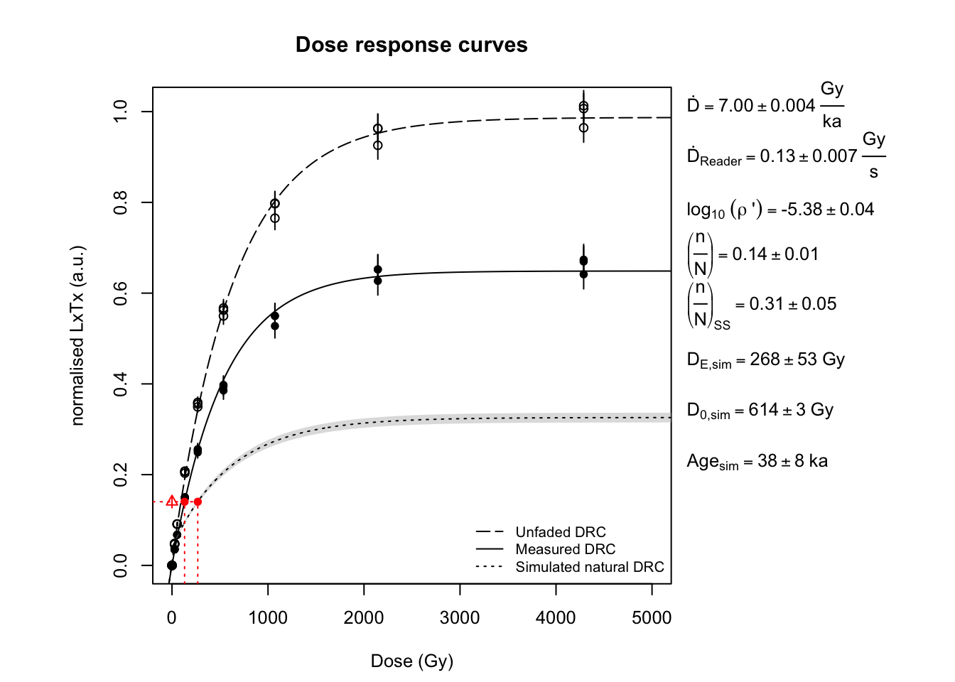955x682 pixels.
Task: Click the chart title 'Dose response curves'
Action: click(x=411, y=45)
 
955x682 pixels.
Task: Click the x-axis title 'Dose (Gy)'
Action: click(x=411, y=661)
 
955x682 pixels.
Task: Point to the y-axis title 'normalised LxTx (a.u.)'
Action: click(x=77, y=335)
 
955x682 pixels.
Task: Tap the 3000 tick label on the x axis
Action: click(x=460, y=618)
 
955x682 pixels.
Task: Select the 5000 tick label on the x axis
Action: click(x=652, y=618)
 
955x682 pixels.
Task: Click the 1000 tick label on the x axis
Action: click(x=268, y=618)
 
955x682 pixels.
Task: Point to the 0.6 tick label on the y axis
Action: click(x=120, y=293)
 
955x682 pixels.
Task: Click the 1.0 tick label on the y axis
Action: click(x=120, y=112)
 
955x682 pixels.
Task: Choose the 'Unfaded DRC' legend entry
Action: click(x=560, y=532)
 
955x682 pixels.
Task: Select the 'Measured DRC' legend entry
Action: click(x=565, y=549)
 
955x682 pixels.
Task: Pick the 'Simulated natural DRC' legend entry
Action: click(x=589, y=567)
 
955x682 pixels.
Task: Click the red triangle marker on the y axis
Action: click(x=172, y=502)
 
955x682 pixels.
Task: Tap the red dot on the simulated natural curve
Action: click(x=198, y=502)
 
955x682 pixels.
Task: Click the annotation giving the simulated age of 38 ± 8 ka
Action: click(x=757, y=462)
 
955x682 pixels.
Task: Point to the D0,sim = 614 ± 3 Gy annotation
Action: click(x=760, y=411)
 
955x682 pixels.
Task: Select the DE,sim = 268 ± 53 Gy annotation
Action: click(x=765, y=360)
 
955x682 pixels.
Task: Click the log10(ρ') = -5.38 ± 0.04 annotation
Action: click(x=779, y=210)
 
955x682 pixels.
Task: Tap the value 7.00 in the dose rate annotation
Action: click(x=735, y=106)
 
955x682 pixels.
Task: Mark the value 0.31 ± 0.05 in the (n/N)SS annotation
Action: click(x=792, y=304)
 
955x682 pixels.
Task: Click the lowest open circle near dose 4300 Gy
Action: click(x=583, y=128)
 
